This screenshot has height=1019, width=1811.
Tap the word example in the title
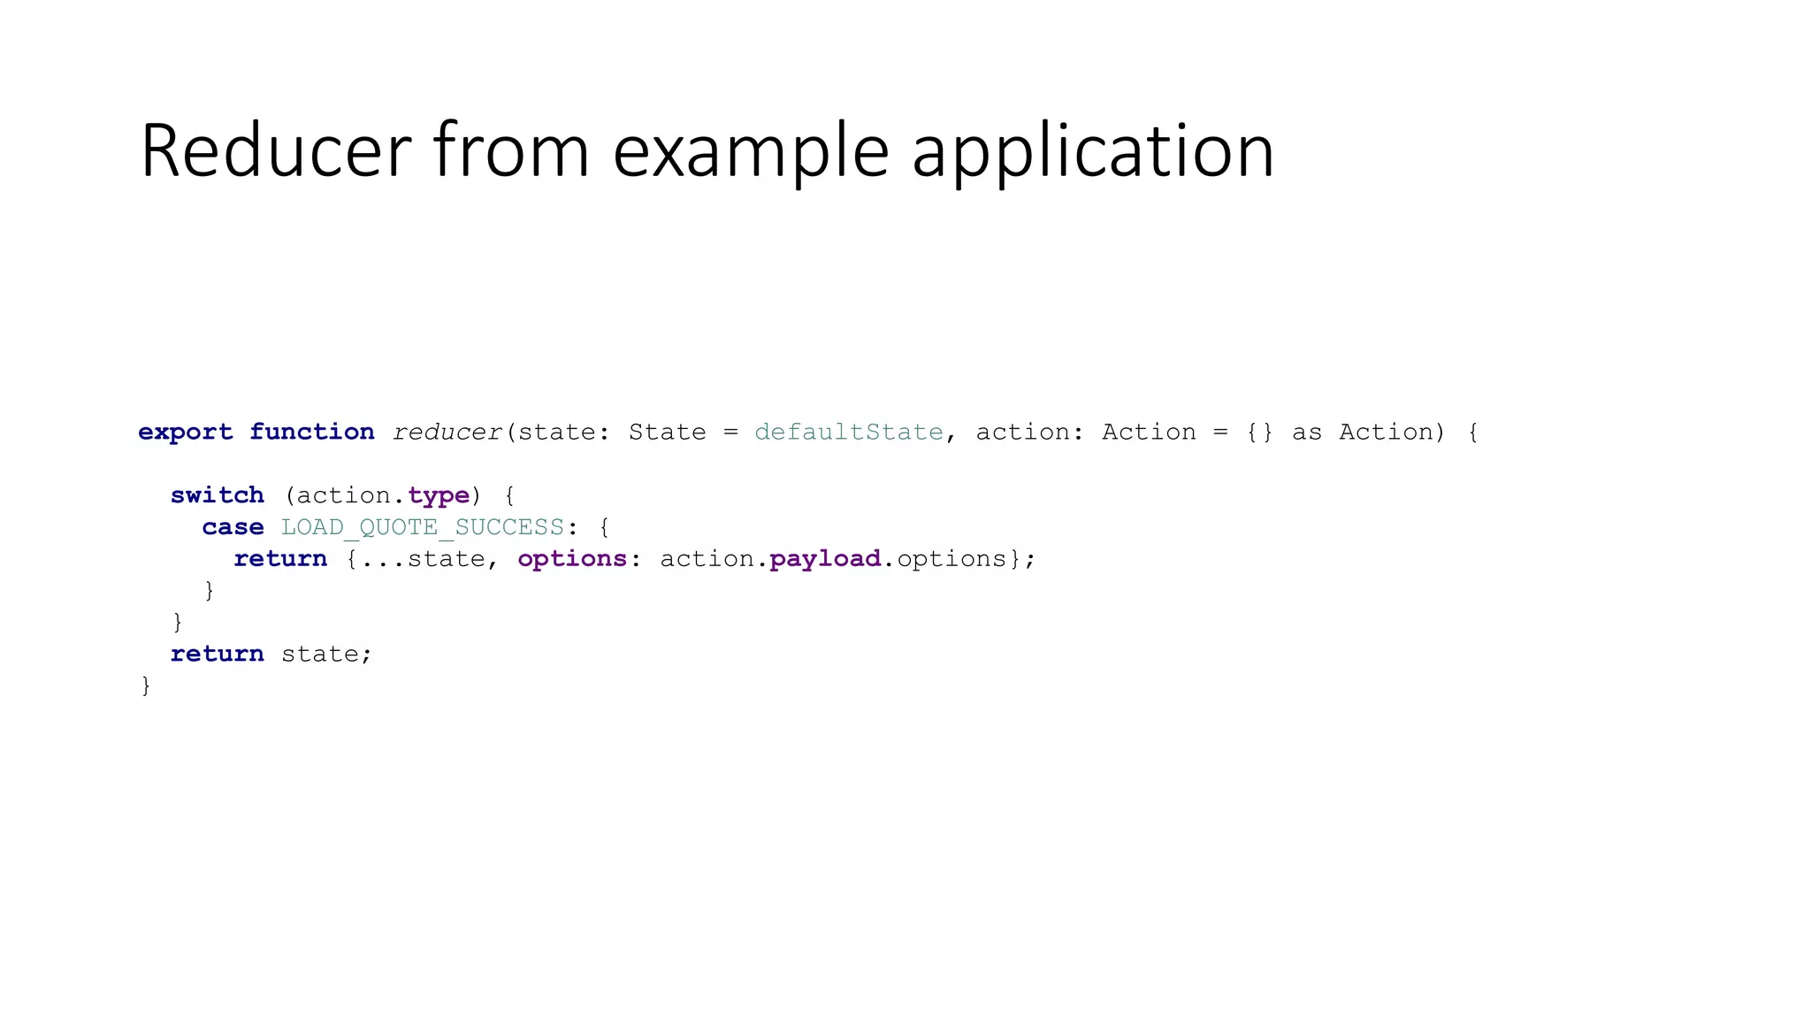[x=751, y=152]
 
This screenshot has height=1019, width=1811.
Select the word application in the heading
[x=1093, y=152]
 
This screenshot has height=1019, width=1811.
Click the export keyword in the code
[x=186, y=432]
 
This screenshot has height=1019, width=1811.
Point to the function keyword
[x=311, y=432]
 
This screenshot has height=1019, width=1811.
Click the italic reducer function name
[x=447, y=432]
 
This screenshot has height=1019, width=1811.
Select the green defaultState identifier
[x=849, y=432]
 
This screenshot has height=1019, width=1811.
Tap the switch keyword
[x=218, y=495]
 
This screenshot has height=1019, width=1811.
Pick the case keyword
[x=233, y=527]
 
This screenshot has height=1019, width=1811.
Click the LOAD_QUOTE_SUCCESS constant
[x=423, y=527]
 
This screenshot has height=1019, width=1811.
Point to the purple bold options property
[x=572, y=559]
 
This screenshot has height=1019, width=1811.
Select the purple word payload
[x=825, y=559]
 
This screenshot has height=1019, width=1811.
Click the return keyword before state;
[x=218, y=654]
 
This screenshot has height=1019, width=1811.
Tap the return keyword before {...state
[x=280, y=559]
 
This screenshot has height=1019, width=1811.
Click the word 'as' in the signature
[x=1307, y=433]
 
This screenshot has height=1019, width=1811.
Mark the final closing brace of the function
[x=146, y=686]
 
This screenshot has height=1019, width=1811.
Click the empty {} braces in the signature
[x=1259, y=432]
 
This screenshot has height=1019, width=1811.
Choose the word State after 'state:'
[x=668, y=432]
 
